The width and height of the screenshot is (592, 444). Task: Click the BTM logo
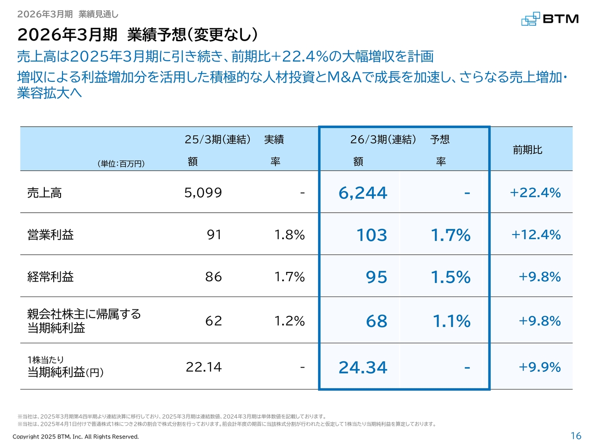549,19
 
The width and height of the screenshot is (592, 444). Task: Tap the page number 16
576,436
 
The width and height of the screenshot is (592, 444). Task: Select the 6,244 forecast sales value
363,193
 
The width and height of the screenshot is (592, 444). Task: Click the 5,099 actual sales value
203,192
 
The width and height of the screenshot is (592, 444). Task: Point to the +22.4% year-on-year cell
535,192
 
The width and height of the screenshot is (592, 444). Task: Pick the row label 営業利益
50,235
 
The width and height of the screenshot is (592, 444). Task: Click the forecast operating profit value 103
371,235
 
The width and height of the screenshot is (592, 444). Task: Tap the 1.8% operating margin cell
290,235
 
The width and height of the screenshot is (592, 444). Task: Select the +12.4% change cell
536,234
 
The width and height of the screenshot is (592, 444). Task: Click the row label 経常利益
50,277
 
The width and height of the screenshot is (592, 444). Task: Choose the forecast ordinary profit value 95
376,277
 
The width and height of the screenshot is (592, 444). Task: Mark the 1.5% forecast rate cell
450,277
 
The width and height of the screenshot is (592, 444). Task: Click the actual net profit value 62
213,321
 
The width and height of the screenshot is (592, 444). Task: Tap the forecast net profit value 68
376,321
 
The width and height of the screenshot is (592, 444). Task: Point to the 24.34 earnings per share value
363,367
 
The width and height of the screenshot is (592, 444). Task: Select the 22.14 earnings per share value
203,367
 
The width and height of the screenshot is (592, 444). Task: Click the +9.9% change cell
539,367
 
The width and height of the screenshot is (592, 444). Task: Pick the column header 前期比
527,150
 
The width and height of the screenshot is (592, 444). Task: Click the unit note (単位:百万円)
121,164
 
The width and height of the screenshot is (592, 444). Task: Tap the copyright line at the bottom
75,437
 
